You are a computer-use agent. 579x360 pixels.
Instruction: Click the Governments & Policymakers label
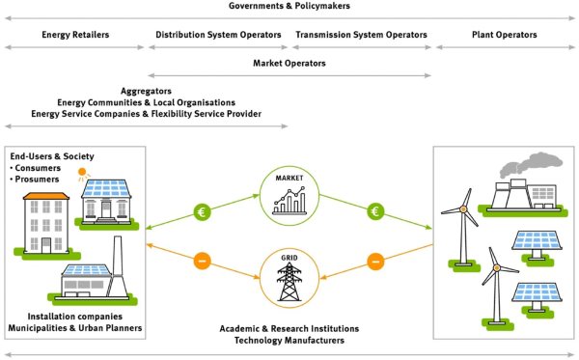[x=289, y=6]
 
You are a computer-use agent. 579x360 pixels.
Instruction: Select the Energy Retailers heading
[x=75, y=35]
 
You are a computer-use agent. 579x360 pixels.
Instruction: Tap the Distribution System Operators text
[x=218, y=35]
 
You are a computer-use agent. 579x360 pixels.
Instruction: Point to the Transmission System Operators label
[x=361, y=35]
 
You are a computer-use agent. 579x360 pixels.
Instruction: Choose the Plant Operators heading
[x=505, y=35]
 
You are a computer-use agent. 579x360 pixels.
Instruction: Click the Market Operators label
[x=289, y=63]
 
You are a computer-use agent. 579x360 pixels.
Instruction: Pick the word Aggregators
[x=147, y=91]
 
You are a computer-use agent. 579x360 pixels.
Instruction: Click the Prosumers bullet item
[x=35, y=180]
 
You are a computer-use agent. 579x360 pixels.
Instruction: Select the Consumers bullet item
[x=36, y=168]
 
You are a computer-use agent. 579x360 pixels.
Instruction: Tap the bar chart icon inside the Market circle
[x=289, y=201]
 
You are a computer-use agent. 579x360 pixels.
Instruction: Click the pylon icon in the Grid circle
[x=289, y=282]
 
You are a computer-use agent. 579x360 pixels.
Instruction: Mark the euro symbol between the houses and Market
[x=202, y=212]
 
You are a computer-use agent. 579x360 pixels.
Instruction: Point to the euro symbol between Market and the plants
[x=375, y=211]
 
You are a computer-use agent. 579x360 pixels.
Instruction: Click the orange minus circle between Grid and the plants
[x=375, y=262]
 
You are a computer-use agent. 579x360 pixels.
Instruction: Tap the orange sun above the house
[x=82, y=172]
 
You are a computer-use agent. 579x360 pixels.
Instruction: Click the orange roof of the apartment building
[x=46, y=196]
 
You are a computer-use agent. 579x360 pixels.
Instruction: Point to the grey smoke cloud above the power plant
[x=531, y=164]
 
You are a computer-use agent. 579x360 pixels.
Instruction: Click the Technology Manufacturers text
[x=289, y=340]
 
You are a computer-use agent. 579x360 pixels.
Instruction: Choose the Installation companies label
[x=75, y=317]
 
